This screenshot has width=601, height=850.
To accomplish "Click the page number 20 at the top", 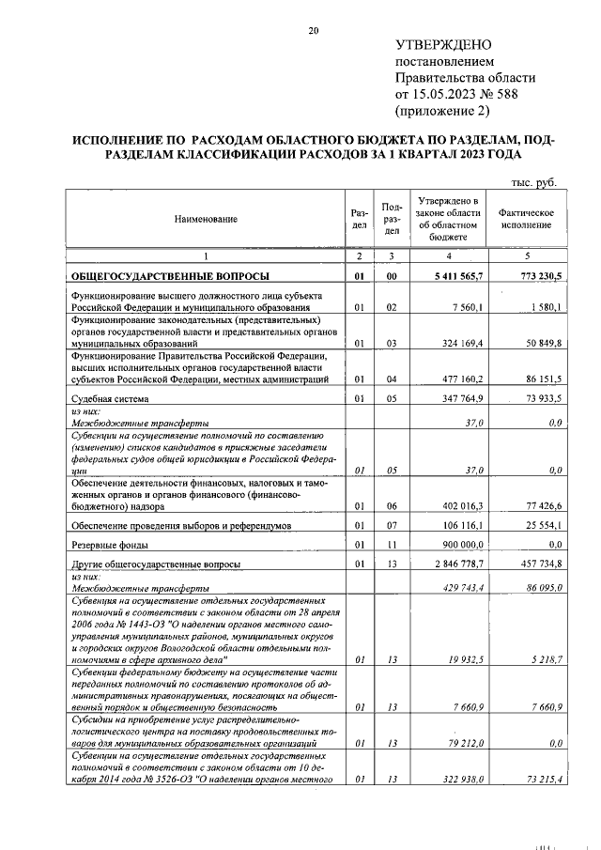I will tap(315, 32).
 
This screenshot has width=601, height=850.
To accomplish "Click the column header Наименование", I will tap(205, 219).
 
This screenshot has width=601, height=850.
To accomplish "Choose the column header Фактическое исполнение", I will tap(532, 219).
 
